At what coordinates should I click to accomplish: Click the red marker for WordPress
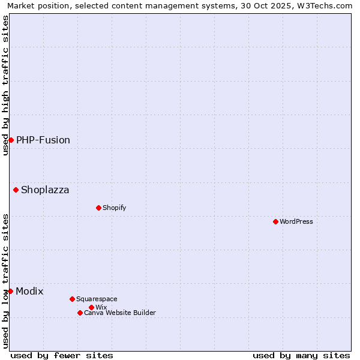coord(275,221)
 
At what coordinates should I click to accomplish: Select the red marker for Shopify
coord(98,208)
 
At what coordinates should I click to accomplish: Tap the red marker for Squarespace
coord(72,299)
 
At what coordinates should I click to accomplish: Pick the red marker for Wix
coord(91,307)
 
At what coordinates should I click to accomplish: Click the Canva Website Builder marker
coord(80,313)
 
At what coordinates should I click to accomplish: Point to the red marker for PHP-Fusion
coord(11,140)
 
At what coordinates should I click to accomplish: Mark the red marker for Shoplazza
coord(16,190)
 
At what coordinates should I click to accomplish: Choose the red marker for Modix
coord(10,291)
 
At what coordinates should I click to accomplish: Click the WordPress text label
coord(296,221)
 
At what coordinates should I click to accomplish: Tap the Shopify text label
coord(114,208)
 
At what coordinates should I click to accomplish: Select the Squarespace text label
coord(97,299)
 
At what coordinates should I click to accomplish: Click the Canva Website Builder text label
coord(120,313)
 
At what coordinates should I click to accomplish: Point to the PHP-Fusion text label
coord(43,140)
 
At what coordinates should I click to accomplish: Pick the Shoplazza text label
coord(45,190)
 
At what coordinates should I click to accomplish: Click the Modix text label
coord(29,291)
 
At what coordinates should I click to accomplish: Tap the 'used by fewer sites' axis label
coord(62,355)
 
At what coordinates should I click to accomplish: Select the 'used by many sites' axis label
coord(301,355)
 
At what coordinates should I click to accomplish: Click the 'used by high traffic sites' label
coord(5,85)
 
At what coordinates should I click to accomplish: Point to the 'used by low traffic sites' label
coord(5,280)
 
